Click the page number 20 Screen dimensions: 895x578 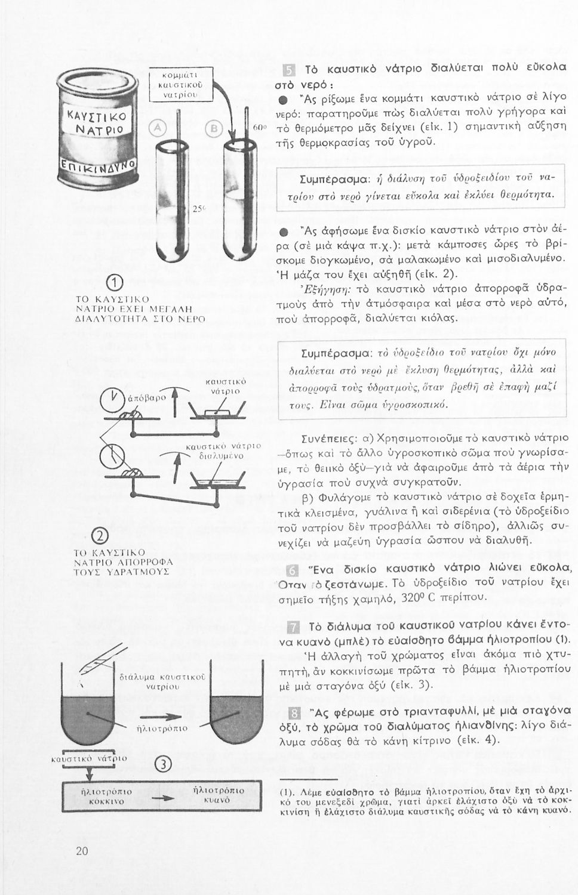82,851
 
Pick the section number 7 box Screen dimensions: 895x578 293,626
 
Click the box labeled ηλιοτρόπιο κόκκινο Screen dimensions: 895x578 102,797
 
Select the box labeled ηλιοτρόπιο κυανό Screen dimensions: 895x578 220,795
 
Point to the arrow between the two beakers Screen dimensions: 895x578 156,717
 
